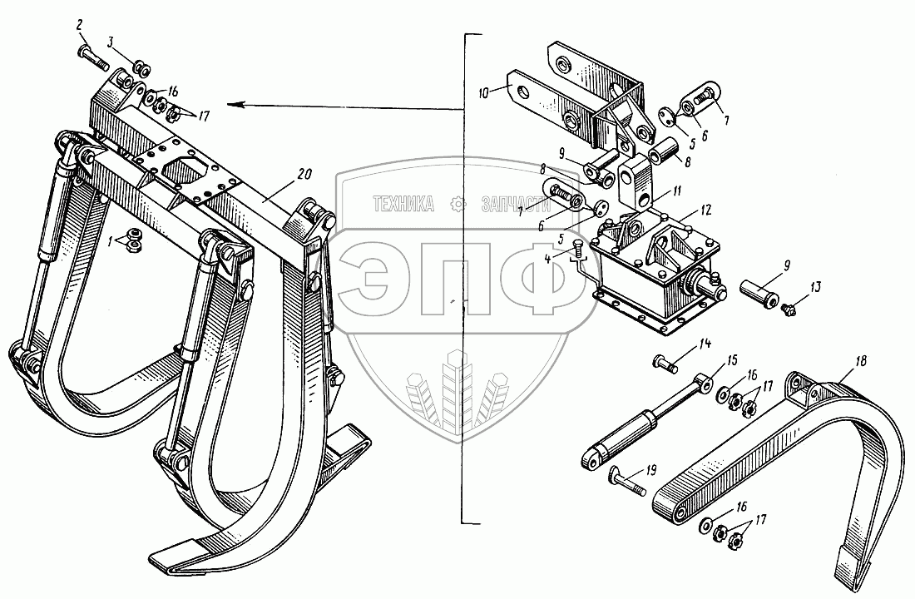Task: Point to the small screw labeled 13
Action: click(790, 308)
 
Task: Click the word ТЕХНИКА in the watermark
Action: click(404, 204)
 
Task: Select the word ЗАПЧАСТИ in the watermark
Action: click(516, 204)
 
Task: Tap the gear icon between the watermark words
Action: click(455, 204)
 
